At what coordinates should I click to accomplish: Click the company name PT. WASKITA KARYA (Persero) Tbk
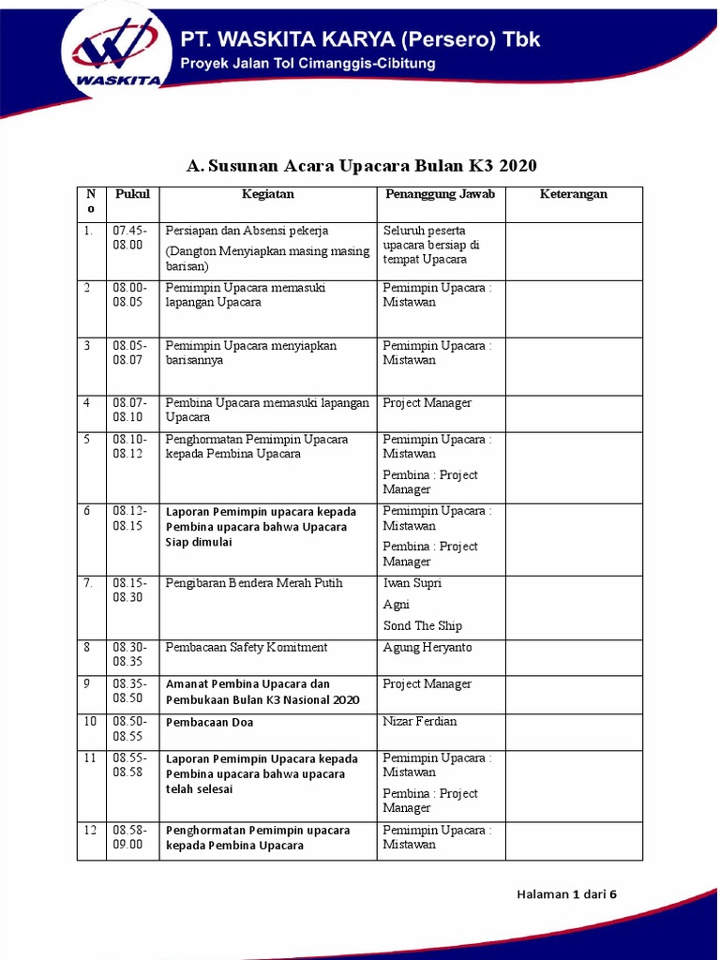point(360,40)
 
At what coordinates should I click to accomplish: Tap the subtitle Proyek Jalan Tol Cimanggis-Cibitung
point(307,65)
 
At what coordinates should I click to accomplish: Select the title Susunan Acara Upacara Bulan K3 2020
point(361,166)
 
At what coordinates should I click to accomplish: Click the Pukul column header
point(132,194)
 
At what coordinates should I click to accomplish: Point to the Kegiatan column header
point(268,194)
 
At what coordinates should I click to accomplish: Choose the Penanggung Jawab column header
point(440,194)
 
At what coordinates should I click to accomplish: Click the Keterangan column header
point(574,194)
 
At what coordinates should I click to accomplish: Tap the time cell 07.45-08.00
point(129,237)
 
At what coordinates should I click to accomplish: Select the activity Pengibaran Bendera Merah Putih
point(254,583)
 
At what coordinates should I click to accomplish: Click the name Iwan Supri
point(412,583)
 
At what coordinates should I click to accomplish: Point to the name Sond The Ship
point(422,625)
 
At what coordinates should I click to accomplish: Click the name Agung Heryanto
point(427,648)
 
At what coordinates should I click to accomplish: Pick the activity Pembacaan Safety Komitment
point(247,648)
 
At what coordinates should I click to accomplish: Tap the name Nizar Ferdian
point(419,722)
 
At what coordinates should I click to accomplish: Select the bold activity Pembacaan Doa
point(209,723)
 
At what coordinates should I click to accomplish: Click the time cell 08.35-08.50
point(129,691)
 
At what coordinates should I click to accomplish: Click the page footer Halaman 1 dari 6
point(566,894)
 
